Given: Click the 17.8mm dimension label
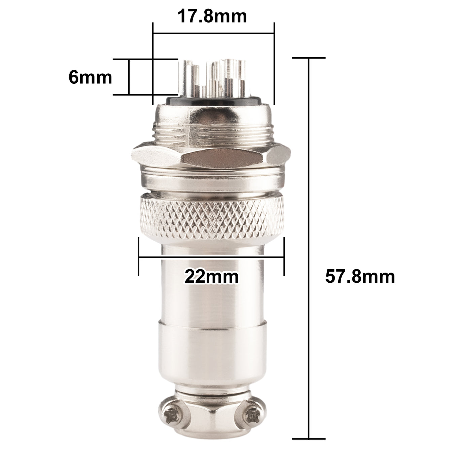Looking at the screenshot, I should (212, 16).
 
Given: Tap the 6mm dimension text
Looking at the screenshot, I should (90, 77).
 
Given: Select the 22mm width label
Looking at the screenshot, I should (211, 277).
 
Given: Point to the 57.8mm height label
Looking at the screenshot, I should (360, 277).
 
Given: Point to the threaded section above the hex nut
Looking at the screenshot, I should (211, 135).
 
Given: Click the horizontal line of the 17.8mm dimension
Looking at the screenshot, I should (213, 33).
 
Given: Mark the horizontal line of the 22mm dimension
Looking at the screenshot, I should (211, 258).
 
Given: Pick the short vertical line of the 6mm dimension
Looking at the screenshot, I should (129, 77).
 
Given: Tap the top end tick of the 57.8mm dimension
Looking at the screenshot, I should (309, 58).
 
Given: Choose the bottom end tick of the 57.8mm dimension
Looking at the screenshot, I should (309, 439).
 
